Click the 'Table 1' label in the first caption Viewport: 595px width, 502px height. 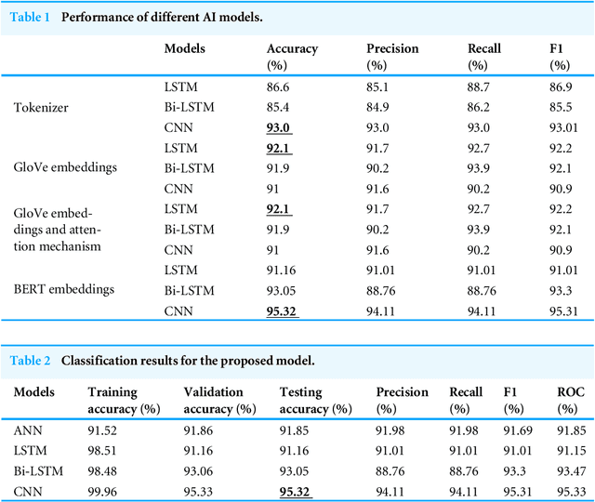[30, 18]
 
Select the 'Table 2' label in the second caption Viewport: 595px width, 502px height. [30, 360]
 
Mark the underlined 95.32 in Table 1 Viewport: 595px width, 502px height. [283, 311]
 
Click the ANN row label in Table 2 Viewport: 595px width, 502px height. [27, 429]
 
